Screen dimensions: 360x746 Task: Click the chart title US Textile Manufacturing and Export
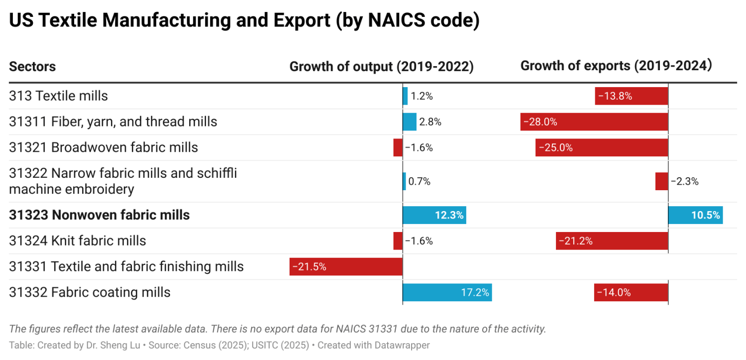[244, 20]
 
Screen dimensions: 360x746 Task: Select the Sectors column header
[32, 66]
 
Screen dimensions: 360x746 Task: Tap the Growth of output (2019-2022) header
[381, 66]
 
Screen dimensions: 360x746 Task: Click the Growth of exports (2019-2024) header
[616, 66]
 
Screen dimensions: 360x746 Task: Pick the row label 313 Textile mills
[58, 96]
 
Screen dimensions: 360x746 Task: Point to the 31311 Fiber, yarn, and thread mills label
[113, 121]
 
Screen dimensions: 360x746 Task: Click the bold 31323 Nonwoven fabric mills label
[100, 215]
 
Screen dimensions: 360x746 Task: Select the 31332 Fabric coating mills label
[90, 292]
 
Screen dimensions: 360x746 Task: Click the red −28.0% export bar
[594, 121]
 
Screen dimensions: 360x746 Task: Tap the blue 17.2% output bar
[447, 292]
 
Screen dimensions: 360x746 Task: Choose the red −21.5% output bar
[346, 266]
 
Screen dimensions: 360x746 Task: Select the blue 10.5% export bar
[695, 215]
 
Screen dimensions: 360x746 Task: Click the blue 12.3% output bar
[434, 215]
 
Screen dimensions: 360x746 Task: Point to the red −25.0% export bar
[601, 147]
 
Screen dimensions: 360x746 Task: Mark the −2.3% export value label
[684, 181]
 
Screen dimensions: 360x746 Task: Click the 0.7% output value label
[419, 181]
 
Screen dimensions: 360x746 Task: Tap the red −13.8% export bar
[631, 96]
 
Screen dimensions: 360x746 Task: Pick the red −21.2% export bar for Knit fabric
[612, 241]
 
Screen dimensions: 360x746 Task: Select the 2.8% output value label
[430, 121]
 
